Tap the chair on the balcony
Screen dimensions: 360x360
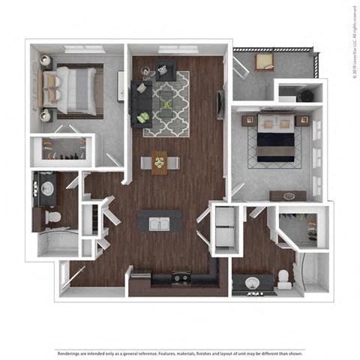pyautogui.click(x=264, y=62)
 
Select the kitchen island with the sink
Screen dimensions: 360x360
pyautogui.click(x=159, y=223)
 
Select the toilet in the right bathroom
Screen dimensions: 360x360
pyautogui.click(x=285, y=279)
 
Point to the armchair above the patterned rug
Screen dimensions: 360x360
pyautogui.click(x=165, y=70)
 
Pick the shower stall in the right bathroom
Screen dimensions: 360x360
pyautogui.click(x=312, y=274)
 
